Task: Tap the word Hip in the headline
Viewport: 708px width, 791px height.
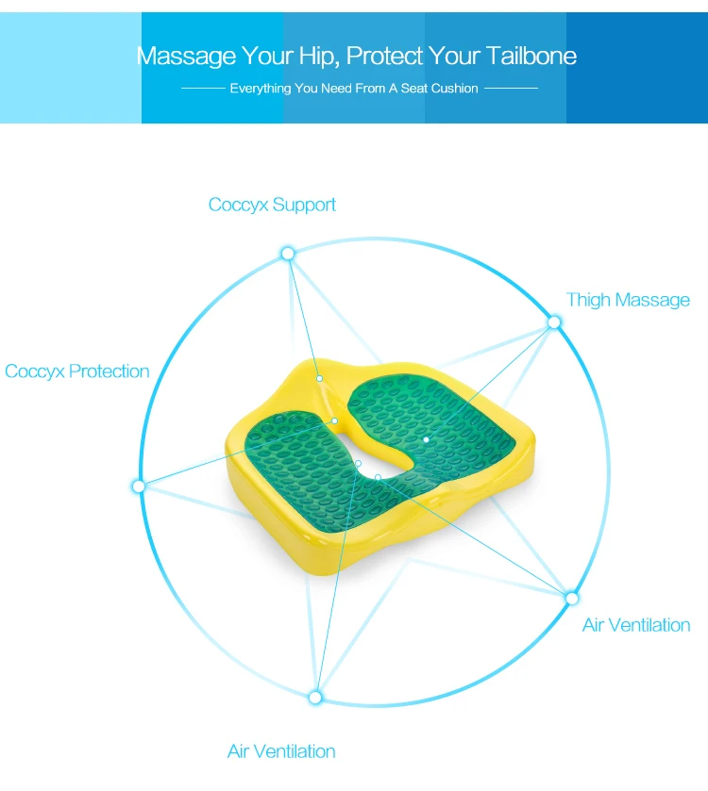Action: click(x=317, y=57)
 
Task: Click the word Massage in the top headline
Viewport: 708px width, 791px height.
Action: click(x=186, y=57)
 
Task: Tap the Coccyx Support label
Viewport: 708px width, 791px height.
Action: click(x=272, y=205)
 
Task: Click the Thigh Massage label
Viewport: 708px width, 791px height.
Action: click(x=628, y=300)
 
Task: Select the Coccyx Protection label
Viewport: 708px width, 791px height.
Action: click(x=77, y=371)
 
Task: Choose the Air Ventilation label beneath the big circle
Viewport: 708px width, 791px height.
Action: click(x=281, y=751)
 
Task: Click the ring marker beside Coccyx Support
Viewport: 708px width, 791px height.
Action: click(x=288, y=254)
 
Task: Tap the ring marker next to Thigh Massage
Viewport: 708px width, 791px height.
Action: click(x=554, y=322)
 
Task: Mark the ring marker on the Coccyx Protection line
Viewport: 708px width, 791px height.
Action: click(x=139, y=486)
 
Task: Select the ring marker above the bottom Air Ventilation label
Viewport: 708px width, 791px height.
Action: click(x=315, y=698)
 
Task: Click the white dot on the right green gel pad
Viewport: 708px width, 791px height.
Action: click(x=426, y=440)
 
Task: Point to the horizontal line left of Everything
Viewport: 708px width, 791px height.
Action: click(x=203, y=89)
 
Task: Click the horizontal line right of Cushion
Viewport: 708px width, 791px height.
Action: click(x=511, y=89)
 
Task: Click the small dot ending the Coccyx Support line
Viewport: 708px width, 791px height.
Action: click(x=320, y=378)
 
